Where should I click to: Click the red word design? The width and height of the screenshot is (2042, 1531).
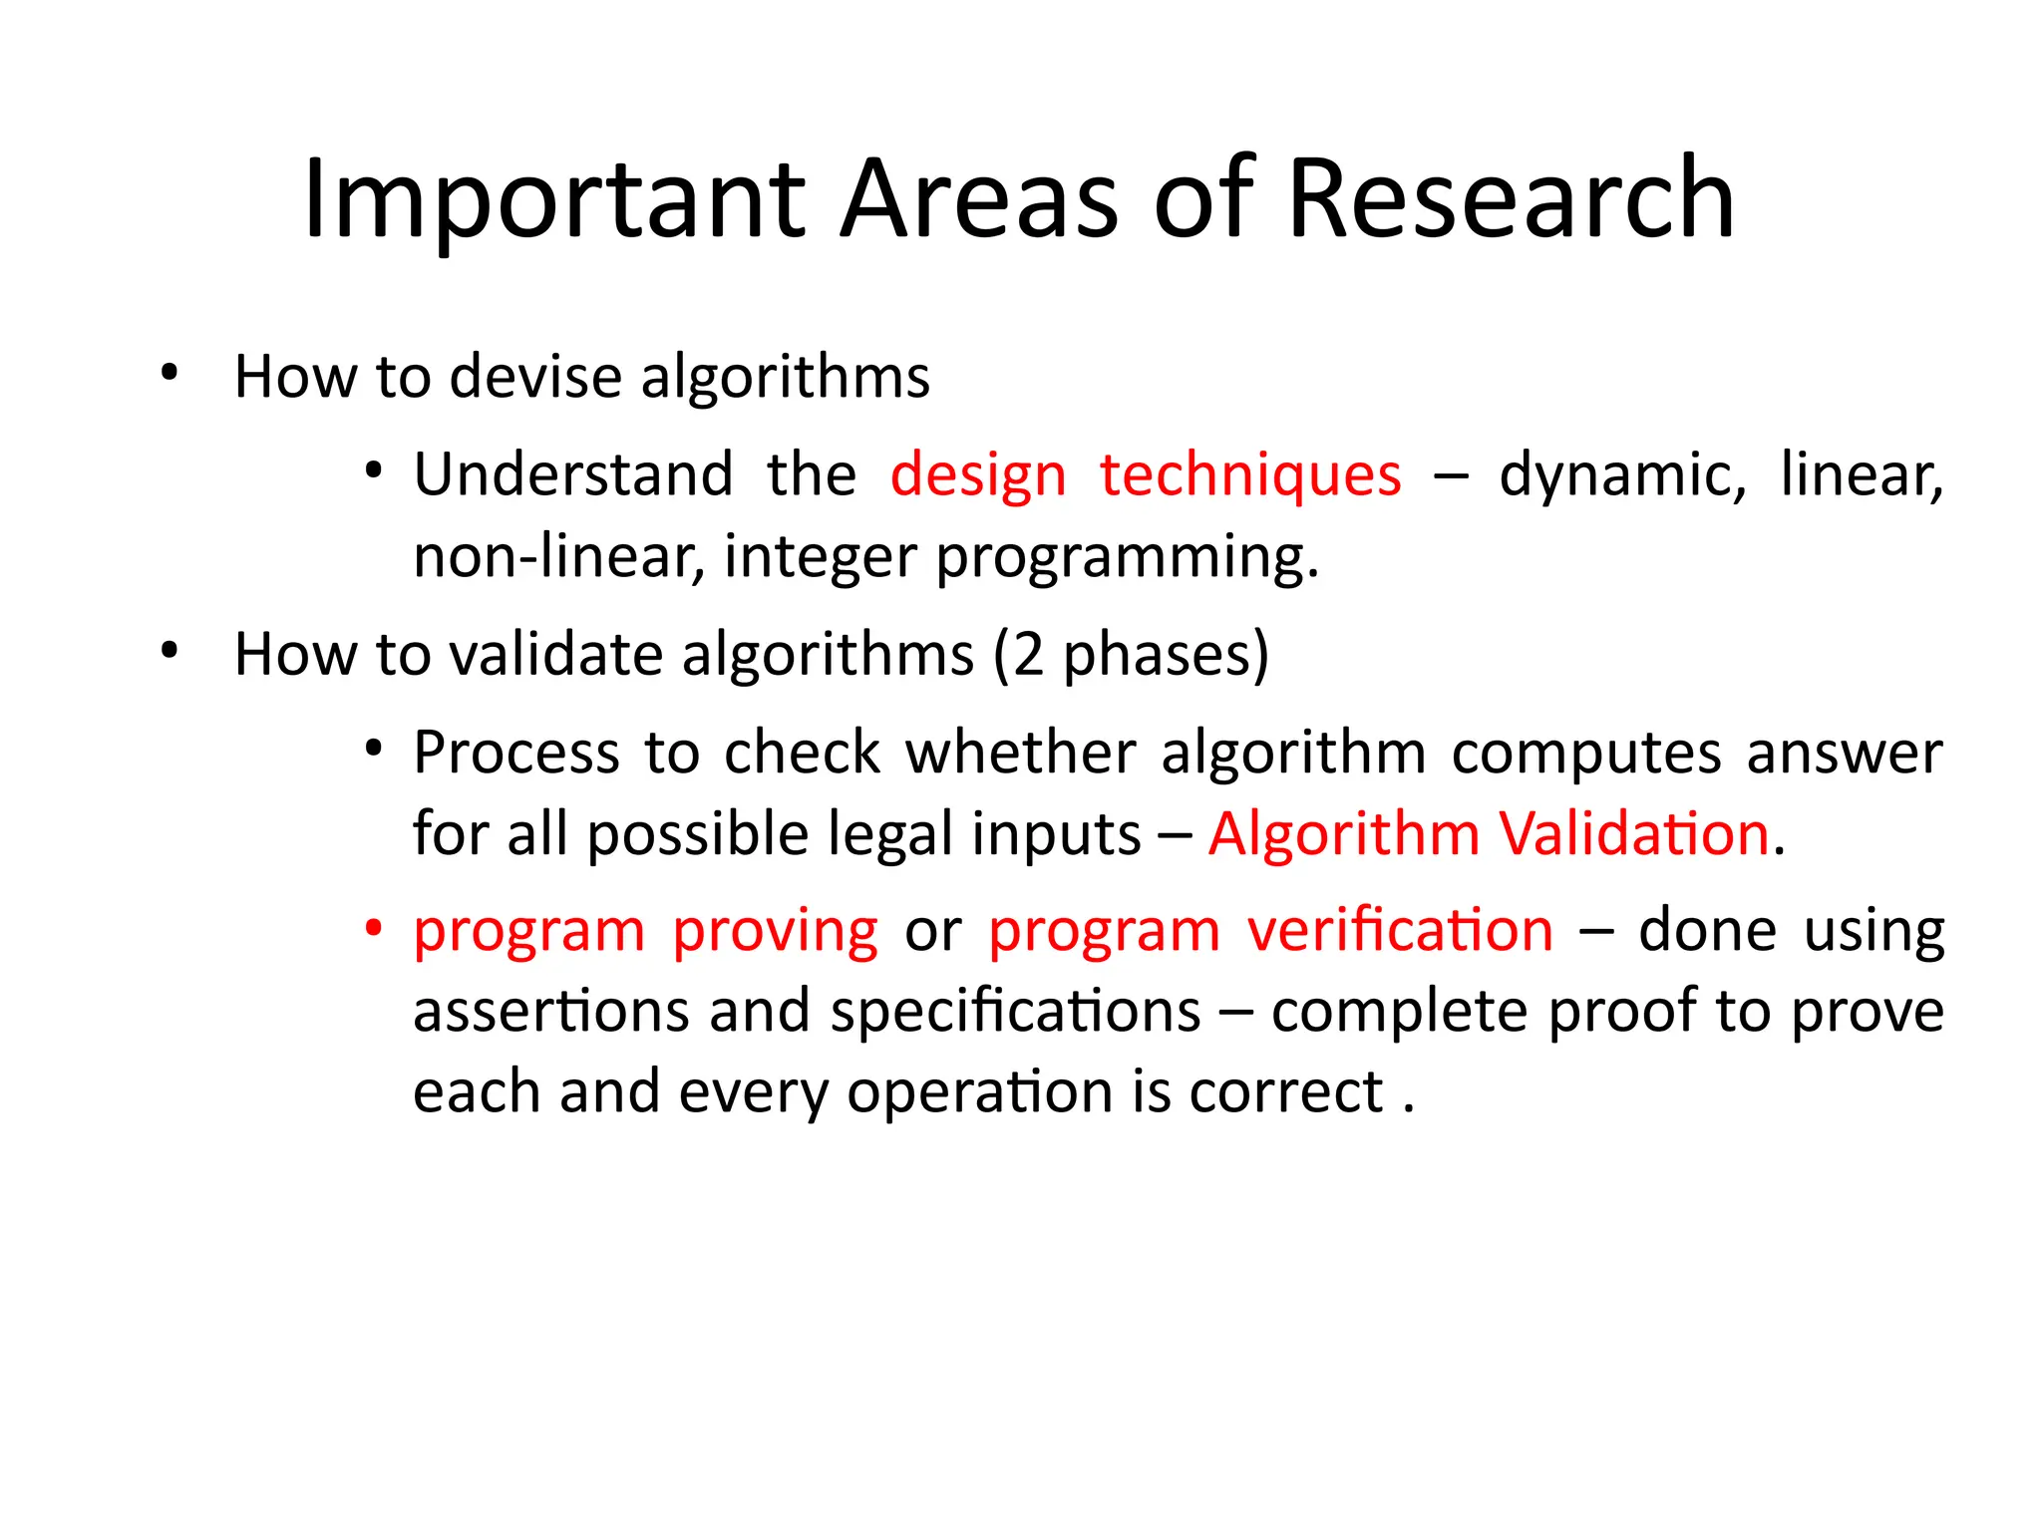coord(978,476)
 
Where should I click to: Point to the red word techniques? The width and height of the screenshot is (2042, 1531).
coord(1250,476)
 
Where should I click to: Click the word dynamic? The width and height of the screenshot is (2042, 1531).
coord(1621,476)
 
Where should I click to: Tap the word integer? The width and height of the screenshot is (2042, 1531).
coord(820,558)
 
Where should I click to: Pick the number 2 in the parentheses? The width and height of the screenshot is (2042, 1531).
coord(1028,655)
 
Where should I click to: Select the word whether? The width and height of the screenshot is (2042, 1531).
coord(1020,753)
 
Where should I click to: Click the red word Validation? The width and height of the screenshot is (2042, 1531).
coord(1634,833)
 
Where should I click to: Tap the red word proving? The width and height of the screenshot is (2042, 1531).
coord(775,933)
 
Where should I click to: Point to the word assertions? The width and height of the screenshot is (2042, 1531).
coord(550,1012)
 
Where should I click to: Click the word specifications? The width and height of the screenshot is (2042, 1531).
coord(1015,1012)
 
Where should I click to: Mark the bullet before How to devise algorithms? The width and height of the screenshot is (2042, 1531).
coord(170,373)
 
